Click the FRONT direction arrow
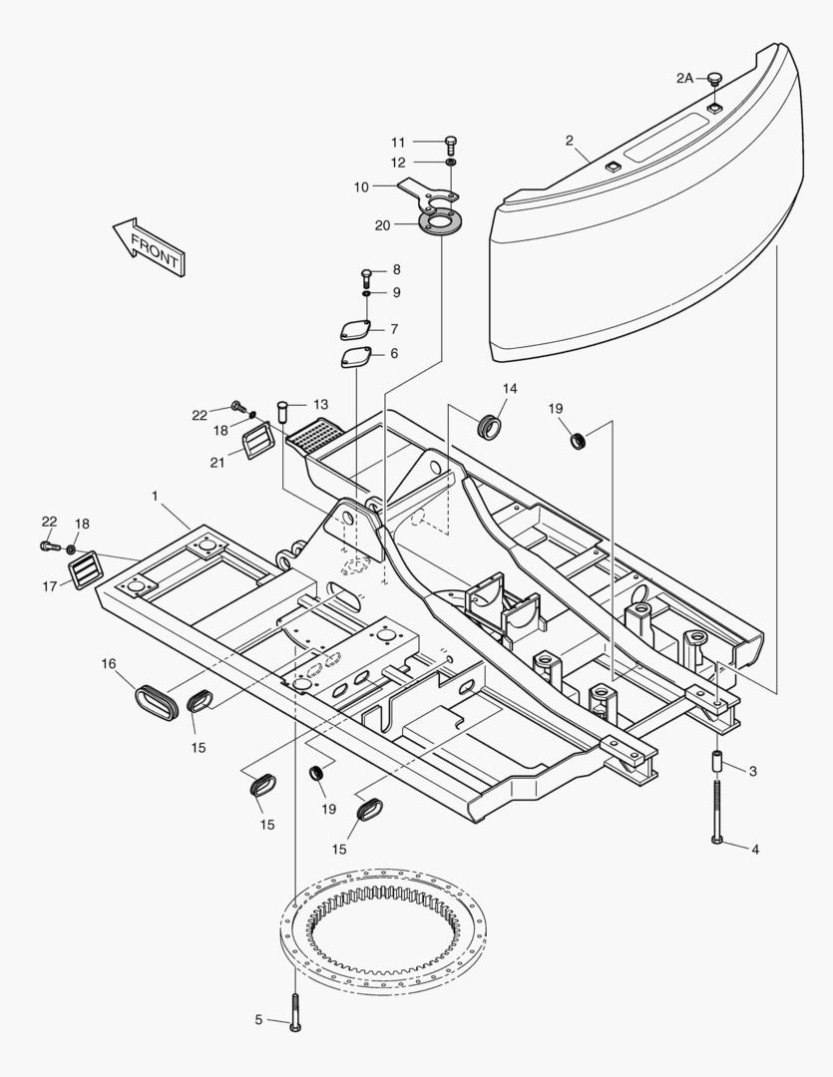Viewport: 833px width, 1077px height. [x=149, y=246]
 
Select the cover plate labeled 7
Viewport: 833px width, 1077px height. [x=354, y=330]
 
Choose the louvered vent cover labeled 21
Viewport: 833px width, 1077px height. [x=258, y=439]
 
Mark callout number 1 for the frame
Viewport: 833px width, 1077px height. [x=155, y=496]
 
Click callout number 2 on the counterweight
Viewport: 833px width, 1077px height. [x=569, y=141]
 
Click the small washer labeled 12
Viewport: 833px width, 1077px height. [x=451, y=162]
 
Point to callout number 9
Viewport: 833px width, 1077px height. [x=396, y=292]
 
